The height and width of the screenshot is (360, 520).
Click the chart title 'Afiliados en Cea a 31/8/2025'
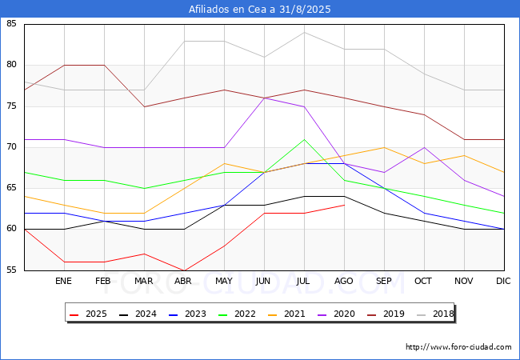260,10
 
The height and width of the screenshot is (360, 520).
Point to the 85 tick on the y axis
12,24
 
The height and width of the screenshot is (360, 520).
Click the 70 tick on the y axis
12,147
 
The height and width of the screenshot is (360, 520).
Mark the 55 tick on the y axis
12,270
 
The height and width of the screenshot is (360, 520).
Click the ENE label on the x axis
64,282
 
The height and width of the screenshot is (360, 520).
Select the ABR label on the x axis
184,282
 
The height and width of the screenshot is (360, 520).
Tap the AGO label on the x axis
344,282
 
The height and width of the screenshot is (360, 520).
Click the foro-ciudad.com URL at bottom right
458,347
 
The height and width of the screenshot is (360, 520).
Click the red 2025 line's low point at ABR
184,270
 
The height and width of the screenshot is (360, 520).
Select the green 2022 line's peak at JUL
304,139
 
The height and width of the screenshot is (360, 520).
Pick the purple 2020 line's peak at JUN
264,98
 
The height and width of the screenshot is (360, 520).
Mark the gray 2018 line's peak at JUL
304,32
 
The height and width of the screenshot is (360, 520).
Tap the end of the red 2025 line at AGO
344,205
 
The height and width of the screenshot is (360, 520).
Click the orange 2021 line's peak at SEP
384,147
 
